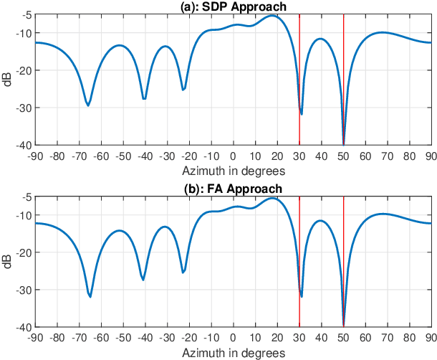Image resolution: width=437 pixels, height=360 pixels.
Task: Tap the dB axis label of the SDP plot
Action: (6, 80)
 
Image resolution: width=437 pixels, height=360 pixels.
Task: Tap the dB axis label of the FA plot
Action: (6, 262)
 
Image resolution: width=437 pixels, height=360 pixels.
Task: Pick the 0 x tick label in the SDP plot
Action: (233, 156)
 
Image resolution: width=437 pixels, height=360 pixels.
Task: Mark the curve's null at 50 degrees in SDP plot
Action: (344, 143)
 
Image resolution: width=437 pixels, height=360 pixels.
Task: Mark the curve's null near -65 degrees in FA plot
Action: (90, 296)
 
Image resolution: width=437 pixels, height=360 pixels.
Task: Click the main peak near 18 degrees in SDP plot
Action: (272, 16)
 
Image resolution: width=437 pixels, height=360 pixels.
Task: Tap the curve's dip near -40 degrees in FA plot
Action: (143, 279)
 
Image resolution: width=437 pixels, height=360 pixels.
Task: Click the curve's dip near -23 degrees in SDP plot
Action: (183, 90)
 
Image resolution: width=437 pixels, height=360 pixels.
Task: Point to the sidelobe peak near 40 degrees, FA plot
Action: (320, 221)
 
